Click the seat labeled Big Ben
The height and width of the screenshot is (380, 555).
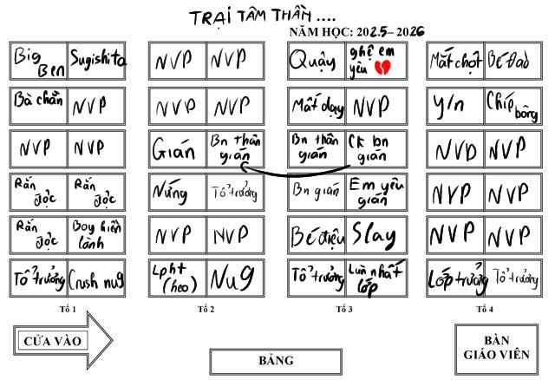pyautogui.click(x=39, y=61)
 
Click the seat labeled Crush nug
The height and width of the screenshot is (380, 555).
pyautogui.click(x=96, y=279)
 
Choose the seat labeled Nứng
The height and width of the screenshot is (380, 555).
pyautogui.click(x=178, y=192)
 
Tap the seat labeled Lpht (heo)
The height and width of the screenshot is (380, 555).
pyautogui.click(x=178, y=279)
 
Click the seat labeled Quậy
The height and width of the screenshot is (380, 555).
pyautogui.click(x=317, y=61)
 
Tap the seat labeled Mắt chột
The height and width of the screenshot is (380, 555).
pyautogui.click(x=455, y=61)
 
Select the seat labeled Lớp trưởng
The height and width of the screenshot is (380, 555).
pyautogui.click(x=455, y=279)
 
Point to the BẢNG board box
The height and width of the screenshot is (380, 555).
pyautogui.click(x=277, y=361)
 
